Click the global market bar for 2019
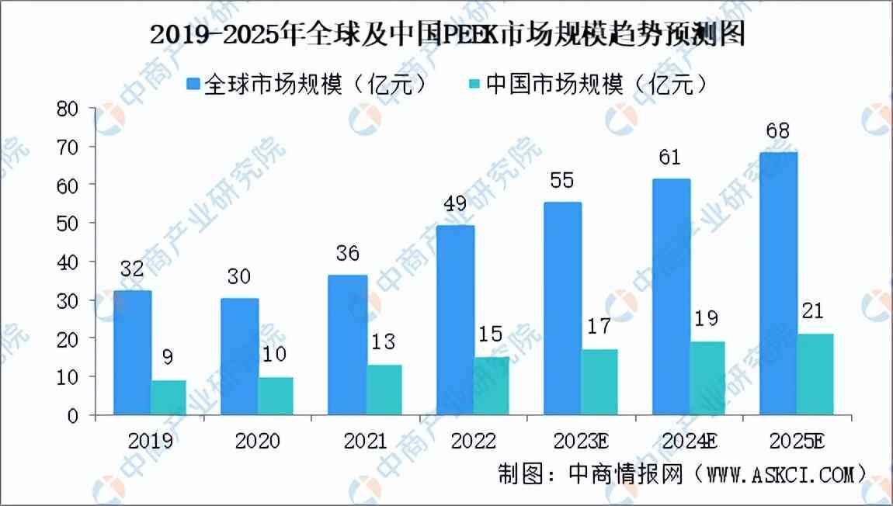point(132,353)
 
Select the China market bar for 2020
point(276,396)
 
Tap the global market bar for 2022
point(456,320)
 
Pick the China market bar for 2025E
point(815,374)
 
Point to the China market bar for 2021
point(384,390)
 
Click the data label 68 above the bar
point(777,130)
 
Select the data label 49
point(455,205)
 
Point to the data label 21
point(815,313)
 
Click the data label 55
point(563,181)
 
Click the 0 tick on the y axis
point(74,415)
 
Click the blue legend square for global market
point(193,84)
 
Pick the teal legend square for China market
point(474,84)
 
